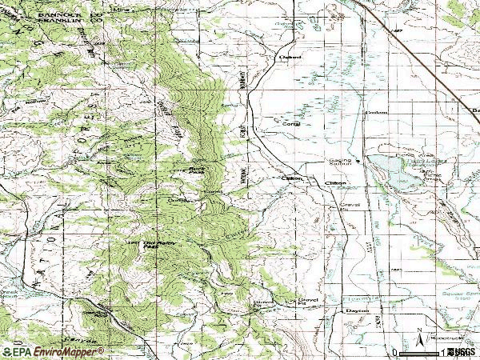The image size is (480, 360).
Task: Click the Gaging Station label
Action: pyautogui.click(x=340, y=163)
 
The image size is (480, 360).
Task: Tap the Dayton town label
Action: pyautogui.click(x=355, y=310)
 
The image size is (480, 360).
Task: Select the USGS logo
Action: pyautogui.click(x=462, y=351)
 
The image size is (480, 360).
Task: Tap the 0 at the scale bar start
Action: pyautogui.click(x=394, y=352)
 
